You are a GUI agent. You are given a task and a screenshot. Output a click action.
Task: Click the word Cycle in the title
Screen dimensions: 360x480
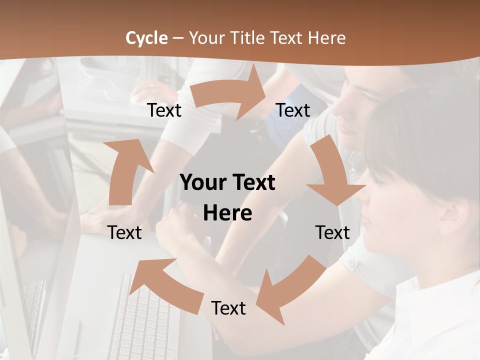[x=146, y=37]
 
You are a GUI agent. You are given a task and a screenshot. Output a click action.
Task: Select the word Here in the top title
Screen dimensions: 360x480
[x=327, y=37]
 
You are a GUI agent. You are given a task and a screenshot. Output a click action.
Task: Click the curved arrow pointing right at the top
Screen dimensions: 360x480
[x=230, y=95]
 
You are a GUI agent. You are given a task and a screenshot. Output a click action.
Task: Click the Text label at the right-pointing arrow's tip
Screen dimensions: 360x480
[x=293, y=110]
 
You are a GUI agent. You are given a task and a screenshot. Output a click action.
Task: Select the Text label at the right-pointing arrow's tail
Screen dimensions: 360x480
[x=164, y=110]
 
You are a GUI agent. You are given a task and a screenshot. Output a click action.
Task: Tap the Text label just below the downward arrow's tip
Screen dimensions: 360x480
[x=332, y=232]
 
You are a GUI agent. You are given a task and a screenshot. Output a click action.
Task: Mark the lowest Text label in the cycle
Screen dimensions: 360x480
[x=228, y=308]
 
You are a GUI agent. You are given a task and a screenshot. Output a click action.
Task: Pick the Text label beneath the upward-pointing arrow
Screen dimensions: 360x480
[x=124, y=232]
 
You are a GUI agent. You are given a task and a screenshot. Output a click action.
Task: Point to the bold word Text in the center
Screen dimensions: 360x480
[x=255, y=183]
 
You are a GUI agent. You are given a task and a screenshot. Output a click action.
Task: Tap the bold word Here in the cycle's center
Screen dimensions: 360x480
[x=227, y=213]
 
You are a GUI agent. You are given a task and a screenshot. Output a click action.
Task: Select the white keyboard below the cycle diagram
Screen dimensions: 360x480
[x=145, y=320]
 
